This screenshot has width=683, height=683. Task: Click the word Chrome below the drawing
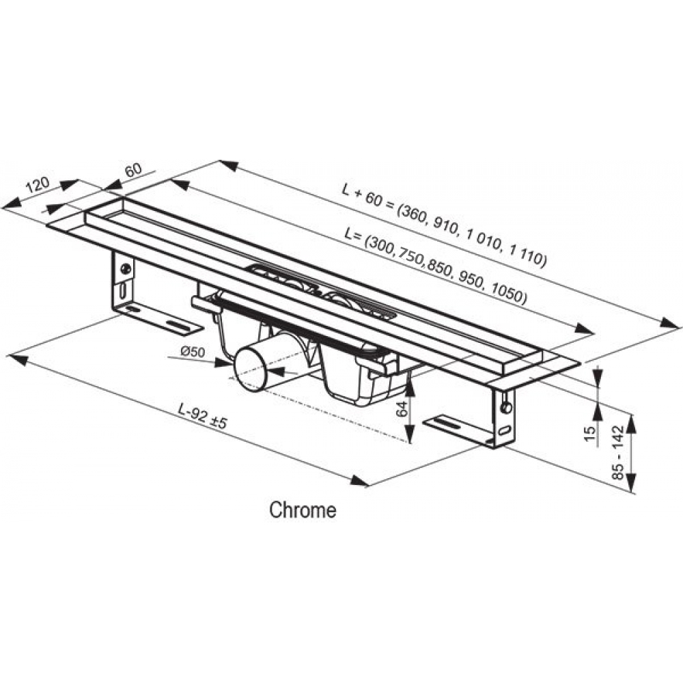pos(303,510)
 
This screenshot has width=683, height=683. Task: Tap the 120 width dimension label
pos(38,185)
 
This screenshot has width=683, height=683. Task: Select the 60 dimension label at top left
pos(133,169)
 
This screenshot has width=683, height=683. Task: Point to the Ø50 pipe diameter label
pos(192,352)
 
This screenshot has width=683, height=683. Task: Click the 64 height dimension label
pos(402,409)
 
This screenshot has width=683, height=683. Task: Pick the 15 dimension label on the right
pos(590,434)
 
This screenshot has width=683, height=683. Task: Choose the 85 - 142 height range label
pos(618,452)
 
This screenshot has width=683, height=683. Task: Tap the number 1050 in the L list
pos(507,294)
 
